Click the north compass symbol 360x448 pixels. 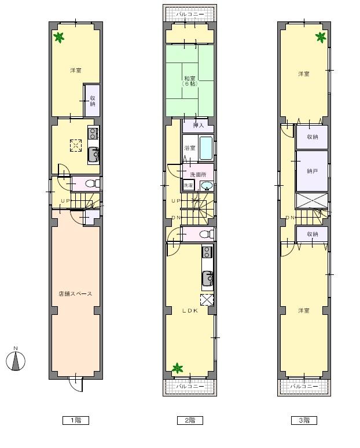[x=16, y=360]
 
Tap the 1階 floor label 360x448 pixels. [x=75, y=421]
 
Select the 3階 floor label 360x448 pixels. [x=304, y=421]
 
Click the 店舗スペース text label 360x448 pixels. [x=75, y=294]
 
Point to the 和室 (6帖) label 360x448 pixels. [x=190, y=80]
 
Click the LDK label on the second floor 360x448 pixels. [x=190, y=311]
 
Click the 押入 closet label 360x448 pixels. [x=190, y=124]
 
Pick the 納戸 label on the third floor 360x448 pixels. [x=312, y=171]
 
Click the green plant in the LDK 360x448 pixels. [x=177, y=368]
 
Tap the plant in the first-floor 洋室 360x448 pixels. [x=58, y=38]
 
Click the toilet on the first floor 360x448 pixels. [x=91, y=183]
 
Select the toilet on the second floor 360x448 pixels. [x=203, y=234]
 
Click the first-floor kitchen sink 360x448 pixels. [x=93, y=155]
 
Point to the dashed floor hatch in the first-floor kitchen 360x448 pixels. [x=76, y=145]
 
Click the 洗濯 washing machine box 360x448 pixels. [x=189, y=186]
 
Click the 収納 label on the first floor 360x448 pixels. [x=93, y=101]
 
